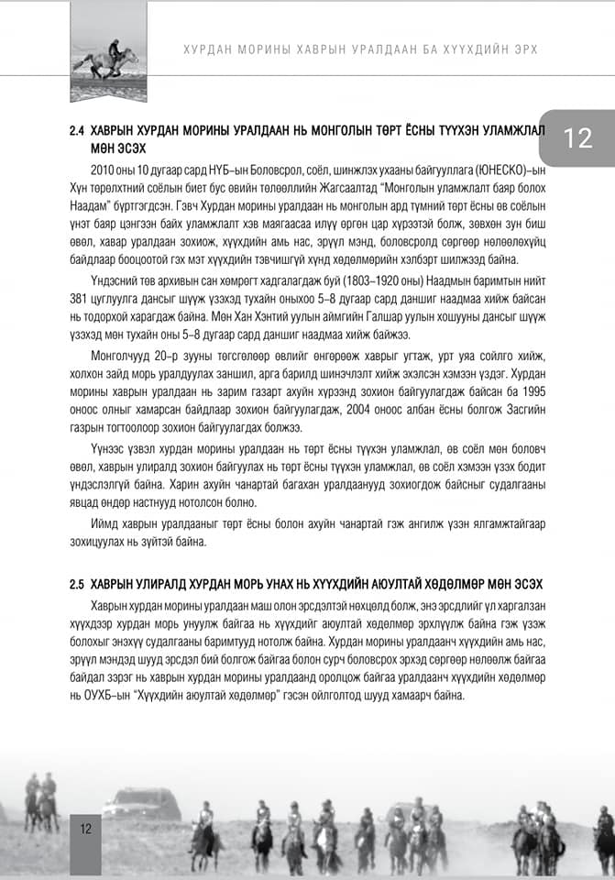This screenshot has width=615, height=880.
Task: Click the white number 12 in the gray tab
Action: pos(578,138)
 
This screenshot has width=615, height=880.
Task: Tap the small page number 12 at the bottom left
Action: pos(85,829)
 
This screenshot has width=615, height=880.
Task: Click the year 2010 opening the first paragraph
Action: pos(104,170)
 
